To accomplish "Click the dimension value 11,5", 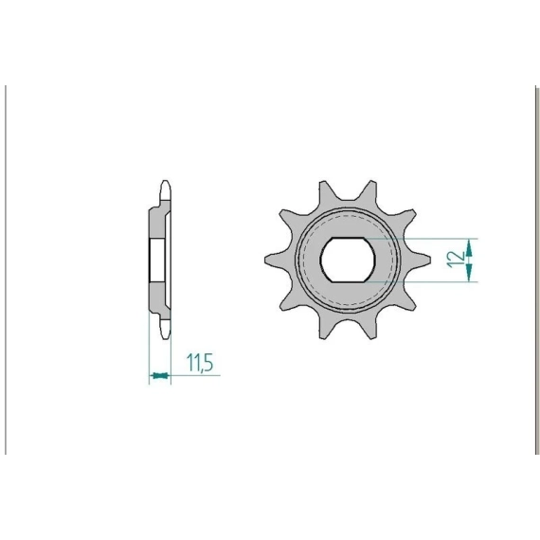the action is (x=200, y=363).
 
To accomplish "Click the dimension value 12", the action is (x=456, y=260).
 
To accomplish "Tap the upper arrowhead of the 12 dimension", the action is (x=469, y=248).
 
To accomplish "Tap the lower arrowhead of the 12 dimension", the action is (x=469, y=273).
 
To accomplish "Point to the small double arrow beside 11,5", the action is (x=160, y=375).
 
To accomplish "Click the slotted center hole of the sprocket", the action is (x=347, y=260).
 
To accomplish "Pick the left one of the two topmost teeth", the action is (x=326, y=194).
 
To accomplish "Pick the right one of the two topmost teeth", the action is (x=369, y=194).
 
